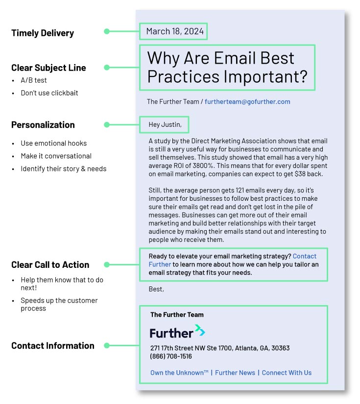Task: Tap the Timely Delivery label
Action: (x=43, y=33)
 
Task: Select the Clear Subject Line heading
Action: (x=48, y=68)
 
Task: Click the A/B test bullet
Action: (x=34, y=80)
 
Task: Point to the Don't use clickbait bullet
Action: (x=49, y=93)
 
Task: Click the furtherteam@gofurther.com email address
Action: (x=247, y=102)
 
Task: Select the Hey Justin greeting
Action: (x=165, y=125)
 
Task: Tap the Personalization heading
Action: (x=43, y=125)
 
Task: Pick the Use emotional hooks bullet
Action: (x=53, y=143)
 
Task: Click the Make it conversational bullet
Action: (x=56, y=156)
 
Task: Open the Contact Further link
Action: (x=304, y=256)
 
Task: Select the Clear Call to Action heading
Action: (x=50, y=265)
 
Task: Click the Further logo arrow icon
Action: (x=200, y=331)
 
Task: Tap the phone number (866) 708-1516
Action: (x=171, y=356)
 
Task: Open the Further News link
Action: (x=235, y=373)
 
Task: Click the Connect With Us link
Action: (x=287, y=373)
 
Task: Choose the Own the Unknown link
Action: (x=179, y=373)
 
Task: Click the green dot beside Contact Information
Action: (x=107, y=346)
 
